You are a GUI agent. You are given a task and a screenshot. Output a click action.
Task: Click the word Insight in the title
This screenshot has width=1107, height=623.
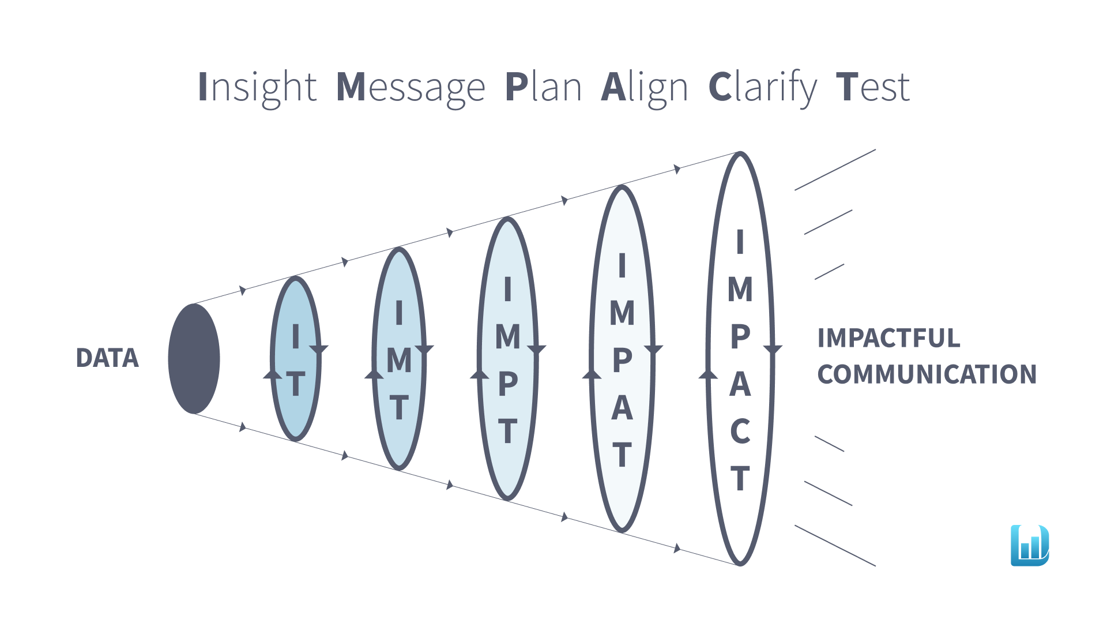coord(257,88)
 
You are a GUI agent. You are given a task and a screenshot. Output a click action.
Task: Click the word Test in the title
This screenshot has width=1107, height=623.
coord(873,88)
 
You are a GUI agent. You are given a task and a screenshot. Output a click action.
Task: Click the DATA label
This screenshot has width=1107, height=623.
coord(107,358)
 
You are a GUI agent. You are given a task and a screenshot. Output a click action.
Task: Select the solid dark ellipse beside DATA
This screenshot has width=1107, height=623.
coord(194,359)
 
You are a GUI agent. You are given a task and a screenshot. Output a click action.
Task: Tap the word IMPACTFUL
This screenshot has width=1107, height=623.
coord(888,338)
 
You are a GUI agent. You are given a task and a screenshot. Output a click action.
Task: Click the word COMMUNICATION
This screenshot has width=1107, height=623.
coord(927,374)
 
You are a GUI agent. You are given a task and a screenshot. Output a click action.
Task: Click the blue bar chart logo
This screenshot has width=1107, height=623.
coord(1030,545)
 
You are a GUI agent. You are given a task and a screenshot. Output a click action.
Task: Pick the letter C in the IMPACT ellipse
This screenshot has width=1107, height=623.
coord(740,431)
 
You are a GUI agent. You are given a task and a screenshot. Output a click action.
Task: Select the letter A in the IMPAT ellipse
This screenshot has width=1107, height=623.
coord(622,408)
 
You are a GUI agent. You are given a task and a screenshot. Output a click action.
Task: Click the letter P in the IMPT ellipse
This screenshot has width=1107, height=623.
coord(508,384)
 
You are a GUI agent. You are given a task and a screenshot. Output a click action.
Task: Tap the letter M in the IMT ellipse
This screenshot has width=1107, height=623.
coord(399,361)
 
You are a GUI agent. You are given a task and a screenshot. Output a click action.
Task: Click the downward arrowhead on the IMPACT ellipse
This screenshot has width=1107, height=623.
coord(773,350)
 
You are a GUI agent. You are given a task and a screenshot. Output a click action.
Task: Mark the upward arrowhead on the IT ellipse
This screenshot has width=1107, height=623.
coord(273,374)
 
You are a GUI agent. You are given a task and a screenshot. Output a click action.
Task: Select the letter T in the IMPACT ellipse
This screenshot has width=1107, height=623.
coord(740,478)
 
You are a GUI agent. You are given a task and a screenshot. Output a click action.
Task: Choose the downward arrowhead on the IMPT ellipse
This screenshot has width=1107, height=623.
coord(537,350)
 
